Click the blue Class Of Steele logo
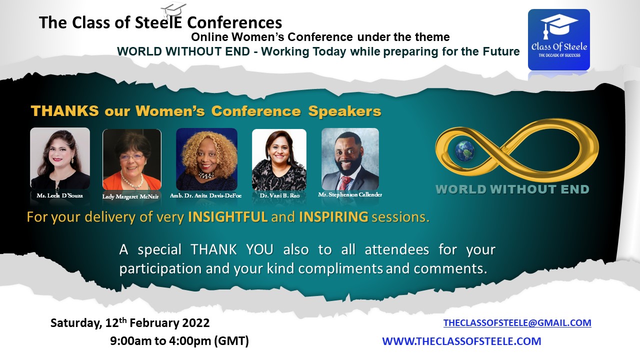pyautogui.click(x=559, y=39)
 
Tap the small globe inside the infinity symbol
pyautogui.click(x=464, y=150)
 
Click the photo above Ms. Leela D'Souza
pyautogui.click(x=60, y=158)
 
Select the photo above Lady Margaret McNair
pyautogui.click(x=132, y=159)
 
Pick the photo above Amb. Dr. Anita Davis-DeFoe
pyautogui.click(x=206, y=159)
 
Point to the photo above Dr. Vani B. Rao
pyautogui.click(x=279, y=159)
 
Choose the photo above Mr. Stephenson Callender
pyautogui.click(x=350, y=159)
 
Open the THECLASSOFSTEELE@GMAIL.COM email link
pyautogui.click(x=517, y=323)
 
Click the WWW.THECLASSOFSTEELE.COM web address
pyautogui.click(x=461, y=341)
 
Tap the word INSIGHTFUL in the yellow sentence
pyautogui.click(x=227, y=217)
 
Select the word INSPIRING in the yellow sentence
pyautogui.click(x=333, y=217)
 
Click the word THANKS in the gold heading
pyautogui.click(x=65, y=111)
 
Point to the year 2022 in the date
pyautogui.click(x=195, y=323)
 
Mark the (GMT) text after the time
pyautogui.click(x=231, y=341)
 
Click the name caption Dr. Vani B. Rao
pyautogui.click(x=279, y=195)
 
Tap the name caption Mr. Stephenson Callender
pyautogui.click(x=350, y=194)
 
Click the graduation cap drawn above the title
pyautogui.click(x=173, y=10)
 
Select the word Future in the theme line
pyautogui.click(x=501, y=51)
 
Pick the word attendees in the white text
pyautogui.click(x=397, y=249)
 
